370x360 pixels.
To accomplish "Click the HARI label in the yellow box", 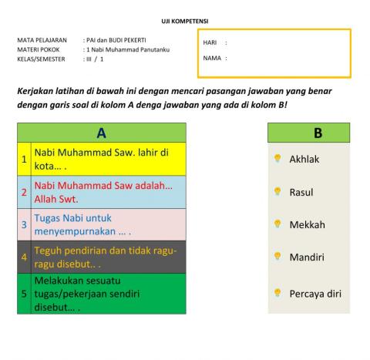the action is [x=209, y=43].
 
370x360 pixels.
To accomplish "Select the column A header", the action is [x=101, y=133].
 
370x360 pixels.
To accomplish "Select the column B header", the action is [x=317, y=133].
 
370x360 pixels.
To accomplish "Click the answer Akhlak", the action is [x=304, y=160].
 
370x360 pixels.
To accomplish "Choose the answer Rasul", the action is [x=301, y=192].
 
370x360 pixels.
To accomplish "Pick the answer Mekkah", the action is [x=307, y=225].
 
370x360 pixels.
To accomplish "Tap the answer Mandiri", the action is [x=306, y=257].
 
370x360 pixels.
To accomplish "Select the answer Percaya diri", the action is [x=314, y=293].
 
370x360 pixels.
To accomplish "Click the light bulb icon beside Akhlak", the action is [x=277, y=159].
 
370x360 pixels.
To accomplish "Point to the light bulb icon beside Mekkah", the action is [x=277, y=224].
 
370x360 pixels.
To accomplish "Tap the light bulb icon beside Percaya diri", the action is [x=277, y=292].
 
